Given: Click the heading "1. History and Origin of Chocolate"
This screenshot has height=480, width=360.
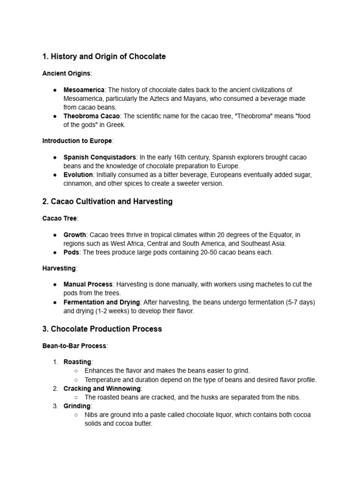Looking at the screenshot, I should point(104,57).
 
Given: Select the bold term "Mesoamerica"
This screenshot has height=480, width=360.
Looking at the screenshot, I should point(84,90).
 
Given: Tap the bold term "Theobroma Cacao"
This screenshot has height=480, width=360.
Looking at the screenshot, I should point(92,116).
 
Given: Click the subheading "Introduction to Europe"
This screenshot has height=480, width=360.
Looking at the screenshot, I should point(77,141).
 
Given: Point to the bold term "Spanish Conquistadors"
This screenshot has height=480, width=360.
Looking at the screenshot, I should point(99,157).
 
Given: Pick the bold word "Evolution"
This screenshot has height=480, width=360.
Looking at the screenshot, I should point(78,175).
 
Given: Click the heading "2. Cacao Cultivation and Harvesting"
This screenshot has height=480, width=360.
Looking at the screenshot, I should point(107,202).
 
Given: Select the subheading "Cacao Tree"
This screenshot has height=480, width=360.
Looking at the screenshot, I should point(60,218).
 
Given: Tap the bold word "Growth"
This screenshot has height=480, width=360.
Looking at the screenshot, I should point(75,235).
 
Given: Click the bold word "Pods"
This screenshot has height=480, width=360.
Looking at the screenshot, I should point(72,252).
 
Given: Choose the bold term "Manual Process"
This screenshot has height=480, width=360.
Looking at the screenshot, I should point(88,285).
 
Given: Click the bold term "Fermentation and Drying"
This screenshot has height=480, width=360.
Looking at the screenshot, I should point(101,302).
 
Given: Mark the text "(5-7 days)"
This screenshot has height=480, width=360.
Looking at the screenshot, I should point(300,302).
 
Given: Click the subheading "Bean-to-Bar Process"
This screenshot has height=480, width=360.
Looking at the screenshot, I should point(74,346).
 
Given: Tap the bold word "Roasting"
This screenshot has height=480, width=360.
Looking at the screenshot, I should point(77,362).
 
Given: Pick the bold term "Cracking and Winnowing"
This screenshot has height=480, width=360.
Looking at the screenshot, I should point(102,389).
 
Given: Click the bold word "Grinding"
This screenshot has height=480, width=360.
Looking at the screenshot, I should point(76,406).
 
